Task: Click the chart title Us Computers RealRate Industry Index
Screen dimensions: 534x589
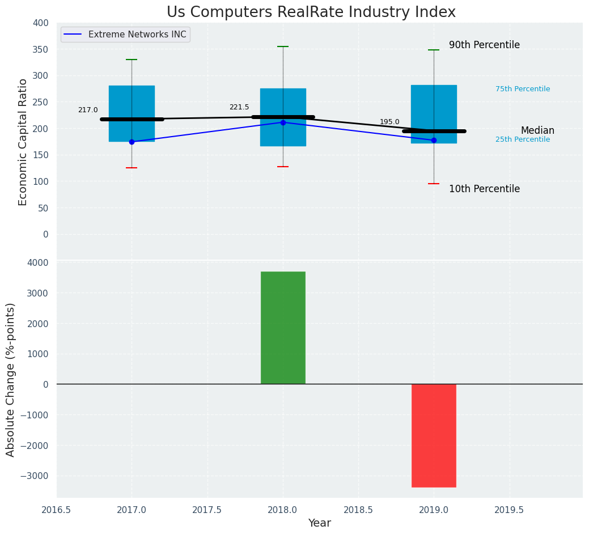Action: click(311, 12)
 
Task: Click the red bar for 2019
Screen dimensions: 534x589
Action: click(434, 435)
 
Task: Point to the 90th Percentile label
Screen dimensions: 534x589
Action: click(484, 45)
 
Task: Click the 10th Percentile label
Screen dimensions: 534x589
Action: click(484, 189)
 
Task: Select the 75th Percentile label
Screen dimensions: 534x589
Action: click(523, 89)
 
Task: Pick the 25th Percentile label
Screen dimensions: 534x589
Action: click(523, 139)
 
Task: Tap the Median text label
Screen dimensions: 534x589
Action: click(537, 131)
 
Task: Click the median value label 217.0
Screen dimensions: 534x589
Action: click(88, 110)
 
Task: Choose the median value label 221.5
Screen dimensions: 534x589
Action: click(239, 107)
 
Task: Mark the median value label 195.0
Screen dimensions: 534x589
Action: click(389, 122)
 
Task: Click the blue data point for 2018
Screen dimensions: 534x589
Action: click(283, 122)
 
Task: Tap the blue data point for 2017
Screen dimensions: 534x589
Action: click(132, 142)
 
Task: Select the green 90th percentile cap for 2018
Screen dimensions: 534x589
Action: click(283, 46)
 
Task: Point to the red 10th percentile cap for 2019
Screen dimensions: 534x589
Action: click(434, 184)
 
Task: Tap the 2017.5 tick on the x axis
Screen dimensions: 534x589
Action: click(207, 510)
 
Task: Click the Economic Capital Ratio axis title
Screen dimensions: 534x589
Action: click(23, 142)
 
